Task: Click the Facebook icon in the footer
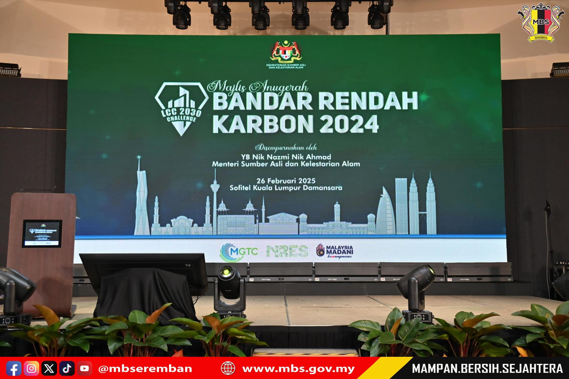(14, 368)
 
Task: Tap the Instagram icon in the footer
(31, 368)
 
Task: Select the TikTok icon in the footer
(67, 368)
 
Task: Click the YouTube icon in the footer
(84, 368)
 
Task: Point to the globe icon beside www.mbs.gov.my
(228, 368)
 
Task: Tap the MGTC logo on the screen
(239, 252)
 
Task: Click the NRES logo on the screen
(287, 251)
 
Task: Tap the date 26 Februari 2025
(286, 181)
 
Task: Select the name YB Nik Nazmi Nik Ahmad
(286, 157)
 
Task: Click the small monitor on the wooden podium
(42, 234)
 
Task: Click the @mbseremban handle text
(145, 369)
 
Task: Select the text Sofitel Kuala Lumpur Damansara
(286, 188)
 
